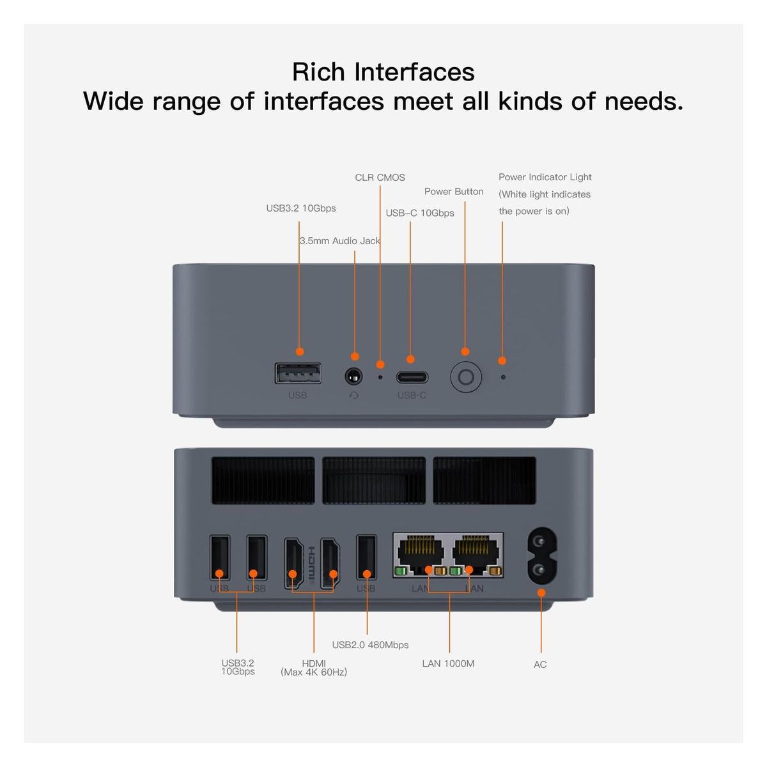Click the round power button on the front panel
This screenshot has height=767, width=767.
coord(466,376)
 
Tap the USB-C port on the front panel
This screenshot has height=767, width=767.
coord(412,377)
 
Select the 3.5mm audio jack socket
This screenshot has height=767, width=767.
coord(353,376)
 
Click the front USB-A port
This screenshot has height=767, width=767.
coord(298,373)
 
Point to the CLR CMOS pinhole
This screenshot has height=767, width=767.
coord(380,377)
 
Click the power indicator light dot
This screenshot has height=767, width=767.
coord(503,377)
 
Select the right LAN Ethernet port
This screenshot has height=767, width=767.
coord(476,554)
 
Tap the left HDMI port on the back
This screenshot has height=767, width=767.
coord(293,563)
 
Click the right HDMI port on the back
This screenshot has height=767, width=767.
coord(330,563)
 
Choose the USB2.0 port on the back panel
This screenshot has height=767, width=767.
coord(366,557)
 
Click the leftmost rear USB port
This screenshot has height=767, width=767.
coord(220,557)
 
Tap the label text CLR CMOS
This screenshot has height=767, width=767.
coord(380,178)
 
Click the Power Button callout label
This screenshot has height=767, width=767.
coord(454,192)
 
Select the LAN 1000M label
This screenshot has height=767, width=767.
coord(448,663)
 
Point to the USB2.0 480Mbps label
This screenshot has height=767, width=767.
coord(370,645)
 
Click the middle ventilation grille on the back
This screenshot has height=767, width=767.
coord(374,481)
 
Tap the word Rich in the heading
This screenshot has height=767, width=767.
coord(318,72)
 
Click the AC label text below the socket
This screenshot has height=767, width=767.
coord(540,665)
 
